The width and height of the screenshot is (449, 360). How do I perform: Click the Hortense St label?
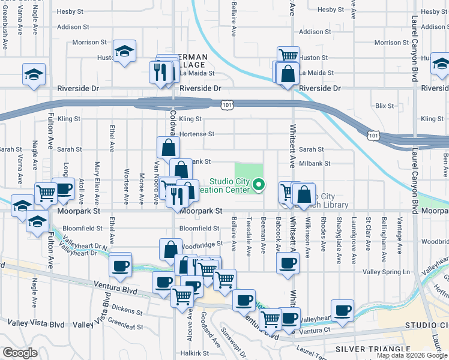196,134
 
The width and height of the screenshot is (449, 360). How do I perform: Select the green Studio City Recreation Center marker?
259,184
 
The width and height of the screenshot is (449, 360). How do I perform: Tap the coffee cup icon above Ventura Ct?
342,310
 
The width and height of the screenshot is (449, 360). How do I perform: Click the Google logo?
19,353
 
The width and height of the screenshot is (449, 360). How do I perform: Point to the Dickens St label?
127,311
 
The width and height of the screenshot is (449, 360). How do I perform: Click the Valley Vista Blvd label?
35,325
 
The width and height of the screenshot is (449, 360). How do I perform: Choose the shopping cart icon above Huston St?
288,55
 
